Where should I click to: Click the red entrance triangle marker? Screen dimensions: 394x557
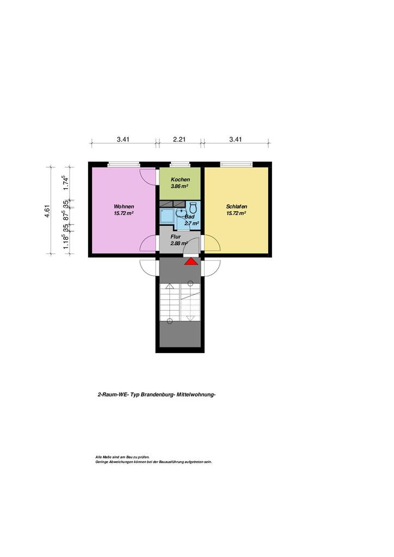click(191, 262)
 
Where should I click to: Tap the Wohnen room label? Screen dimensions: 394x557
click(124, 206)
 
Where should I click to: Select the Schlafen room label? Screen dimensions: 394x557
click(236, 206)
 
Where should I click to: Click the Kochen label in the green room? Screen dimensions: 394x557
click(180, 180)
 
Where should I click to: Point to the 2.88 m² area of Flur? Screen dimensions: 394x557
click(179, 243)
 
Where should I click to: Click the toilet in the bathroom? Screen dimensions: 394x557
click(193, 208)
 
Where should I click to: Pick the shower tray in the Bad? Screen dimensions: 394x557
click(167, 215)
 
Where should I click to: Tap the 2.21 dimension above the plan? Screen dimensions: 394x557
click(180, 139)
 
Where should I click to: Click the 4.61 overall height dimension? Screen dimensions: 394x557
click(47, 211)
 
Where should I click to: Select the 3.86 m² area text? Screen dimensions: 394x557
click(180, 186)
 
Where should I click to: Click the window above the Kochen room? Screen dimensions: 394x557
click(180, 164)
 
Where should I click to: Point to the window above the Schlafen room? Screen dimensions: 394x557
click(236, 164)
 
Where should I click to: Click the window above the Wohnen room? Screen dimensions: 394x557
click(124, 164)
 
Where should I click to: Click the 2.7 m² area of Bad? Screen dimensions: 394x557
click(192, 224)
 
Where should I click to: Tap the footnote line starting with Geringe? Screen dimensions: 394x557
click(153, 462)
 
